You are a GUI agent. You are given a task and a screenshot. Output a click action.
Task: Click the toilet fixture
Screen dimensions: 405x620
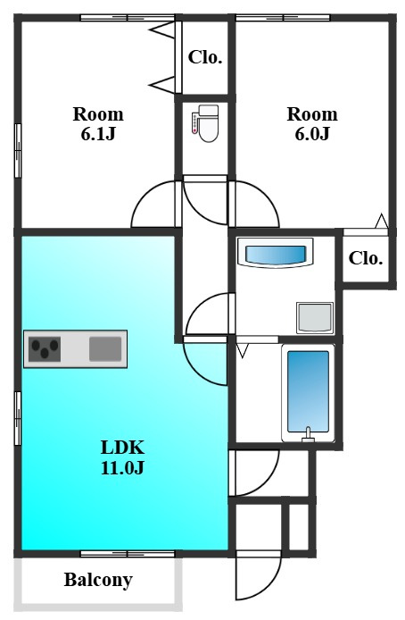point(205,123)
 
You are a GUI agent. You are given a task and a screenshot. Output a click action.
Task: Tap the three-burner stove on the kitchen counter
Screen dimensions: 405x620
point(45,349)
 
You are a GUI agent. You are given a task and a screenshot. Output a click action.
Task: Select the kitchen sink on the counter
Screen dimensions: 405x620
point(105,348)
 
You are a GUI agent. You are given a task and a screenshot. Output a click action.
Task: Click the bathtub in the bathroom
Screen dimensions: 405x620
point(308,393)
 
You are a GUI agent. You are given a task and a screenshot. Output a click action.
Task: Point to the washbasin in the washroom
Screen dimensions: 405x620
point(275,253)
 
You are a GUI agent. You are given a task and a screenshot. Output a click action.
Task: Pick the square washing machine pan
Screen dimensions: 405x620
point(315,317)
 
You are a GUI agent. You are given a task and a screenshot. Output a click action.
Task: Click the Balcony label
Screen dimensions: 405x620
point(98,580)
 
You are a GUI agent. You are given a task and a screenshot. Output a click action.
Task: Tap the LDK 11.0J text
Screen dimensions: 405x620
point(122,457)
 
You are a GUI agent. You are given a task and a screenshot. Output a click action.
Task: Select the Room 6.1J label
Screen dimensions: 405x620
point(98,124)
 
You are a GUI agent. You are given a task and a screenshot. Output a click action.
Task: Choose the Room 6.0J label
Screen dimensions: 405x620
point(312,124)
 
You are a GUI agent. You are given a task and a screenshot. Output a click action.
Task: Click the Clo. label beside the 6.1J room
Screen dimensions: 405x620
point(205,57)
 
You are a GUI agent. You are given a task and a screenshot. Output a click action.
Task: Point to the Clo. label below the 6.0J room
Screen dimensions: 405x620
point(366,258)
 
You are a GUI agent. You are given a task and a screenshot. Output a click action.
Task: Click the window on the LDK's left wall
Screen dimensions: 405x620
point(17,418)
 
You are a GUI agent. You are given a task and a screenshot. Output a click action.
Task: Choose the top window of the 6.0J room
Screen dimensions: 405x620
point(283,17)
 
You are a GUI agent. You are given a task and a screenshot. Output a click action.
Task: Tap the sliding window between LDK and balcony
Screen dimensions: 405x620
point(128,554)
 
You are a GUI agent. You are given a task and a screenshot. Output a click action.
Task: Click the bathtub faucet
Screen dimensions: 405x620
point(308,435)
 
